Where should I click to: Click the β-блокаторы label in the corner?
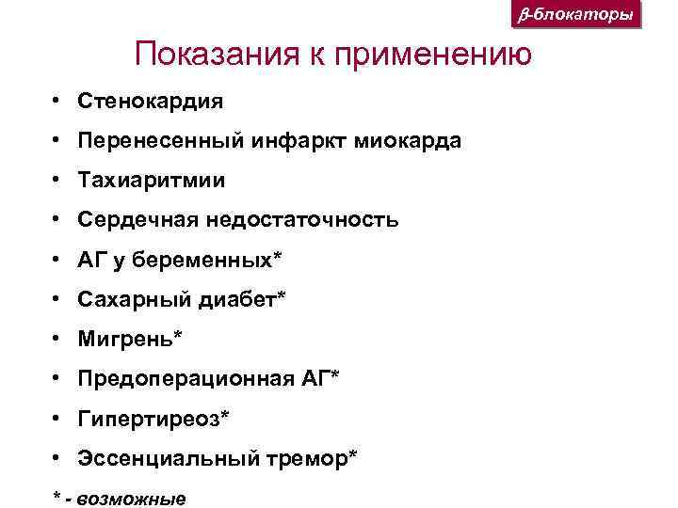(x=577, y=16)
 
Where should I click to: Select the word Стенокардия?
(x=151, y=100)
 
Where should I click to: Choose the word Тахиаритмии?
(x=152, y=180)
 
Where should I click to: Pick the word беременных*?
(x=206, y=260)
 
